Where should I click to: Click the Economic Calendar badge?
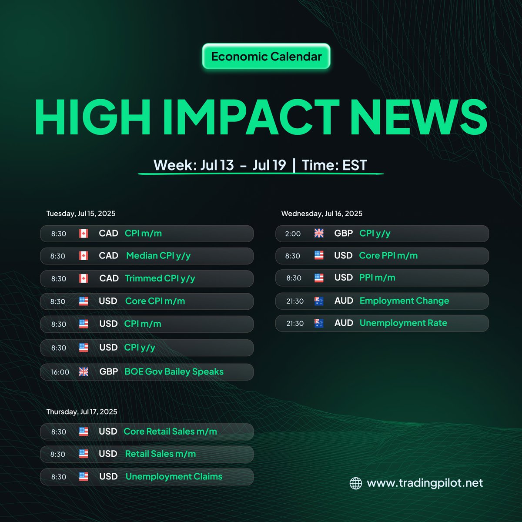click(x=266, y=57)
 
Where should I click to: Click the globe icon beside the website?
click(x=356, y=483)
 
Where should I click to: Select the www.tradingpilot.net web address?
click(x=425, y=483)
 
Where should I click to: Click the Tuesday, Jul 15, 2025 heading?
click(x=81, y=214)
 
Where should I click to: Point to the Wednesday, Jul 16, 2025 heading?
click(x=321, y=214)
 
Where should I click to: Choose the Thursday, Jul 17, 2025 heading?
click(x=82, y=412)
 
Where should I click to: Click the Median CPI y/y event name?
click(x=158, y=256)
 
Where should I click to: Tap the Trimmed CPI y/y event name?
click(x=160, y=278)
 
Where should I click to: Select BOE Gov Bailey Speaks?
click(x=174, y=372)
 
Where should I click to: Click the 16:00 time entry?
click(x=60, y=372)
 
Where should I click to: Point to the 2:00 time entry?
click(x=293, y=234)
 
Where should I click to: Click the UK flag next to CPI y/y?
click(x=319, y=234)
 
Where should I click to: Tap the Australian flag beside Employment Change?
click(x=319, y=301)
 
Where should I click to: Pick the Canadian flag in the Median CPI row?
click(x=84, y=256)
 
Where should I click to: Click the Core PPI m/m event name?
click(x=388, y=256)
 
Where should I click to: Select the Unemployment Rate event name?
click(x=403, y=323)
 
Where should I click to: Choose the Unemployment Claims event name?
click(x=174, y=477)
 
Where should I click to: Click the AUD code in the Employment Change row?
click(x=344, y=301)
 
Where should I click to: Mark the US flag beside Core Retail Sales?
click(x=84, y=432)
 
